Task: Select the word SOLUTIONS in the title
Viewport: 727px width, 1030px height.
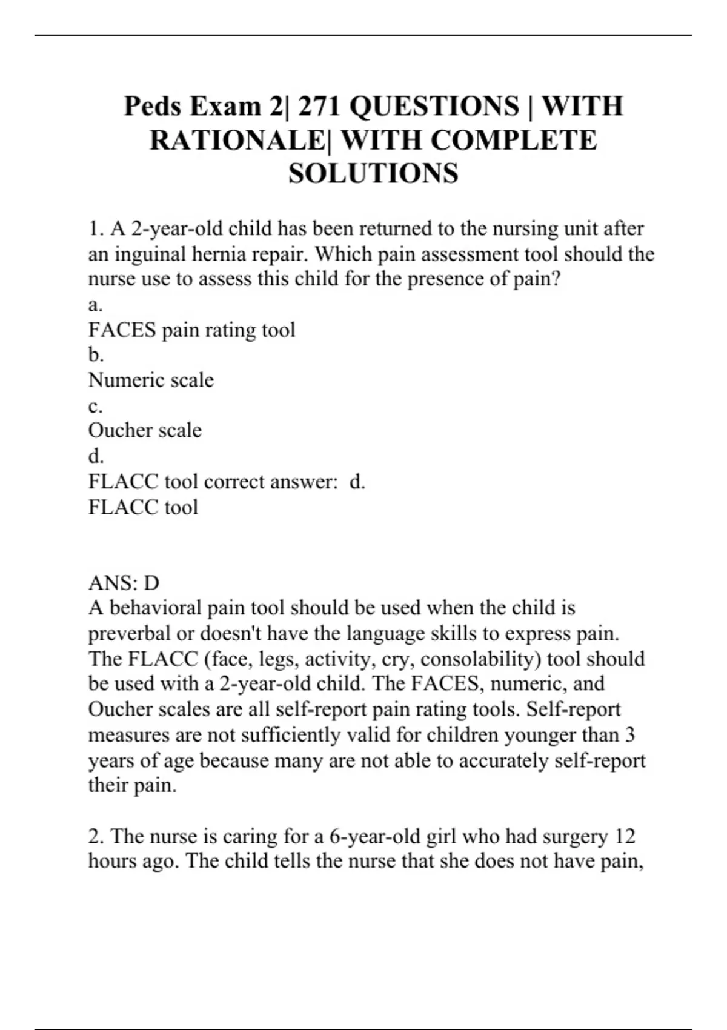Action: click(373, 174)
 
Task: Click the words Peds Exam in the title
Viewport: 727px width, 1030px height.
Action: click(192, 106)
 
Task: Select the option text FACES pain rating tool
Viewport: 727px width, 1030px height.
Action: click(191, 330)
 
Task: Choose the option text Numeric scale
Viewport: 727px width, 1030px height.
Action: click(151, 380)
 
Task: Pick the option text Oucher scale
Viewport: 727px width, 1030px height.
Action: click(145, 431)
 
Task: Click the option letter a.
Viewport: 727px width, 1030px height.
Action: click(95, 305)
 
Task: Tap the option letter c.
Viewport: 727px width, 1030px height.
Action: click(95, 406)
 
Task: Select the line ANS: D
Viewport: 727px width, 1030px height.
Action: click(124, 583)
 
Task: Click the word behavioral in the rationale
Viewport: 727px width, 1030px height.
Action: click(155, 608)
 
